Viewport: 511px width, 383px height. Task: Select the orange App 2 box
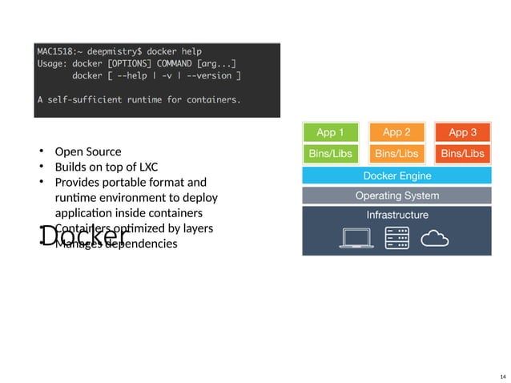396,132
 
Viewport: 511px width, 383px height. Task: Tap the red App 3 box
463,132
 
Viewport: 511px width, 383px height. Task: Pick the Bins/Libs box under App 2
396,153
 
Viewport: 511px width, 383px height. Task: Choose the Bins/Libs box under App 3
463,153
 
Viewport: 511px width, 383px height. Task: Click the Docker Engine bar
396,175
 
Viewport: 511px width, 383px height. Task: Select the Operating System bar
396,196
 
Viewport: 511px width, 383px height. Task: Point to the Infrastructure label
396,215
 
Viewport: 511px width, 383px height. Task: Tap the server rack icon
397,237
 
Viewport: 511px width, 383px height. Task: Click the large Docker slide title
84,236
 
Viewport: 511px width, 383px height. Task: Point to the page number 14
502,377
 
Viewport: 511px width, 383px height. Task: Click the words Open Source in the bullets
88,151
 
